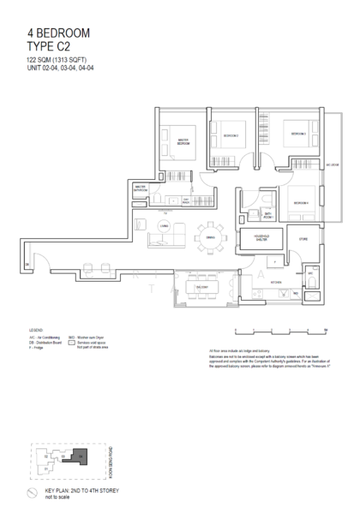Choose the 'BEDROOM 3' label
pos(297,134)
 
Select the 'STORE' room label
pos(303,241)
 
